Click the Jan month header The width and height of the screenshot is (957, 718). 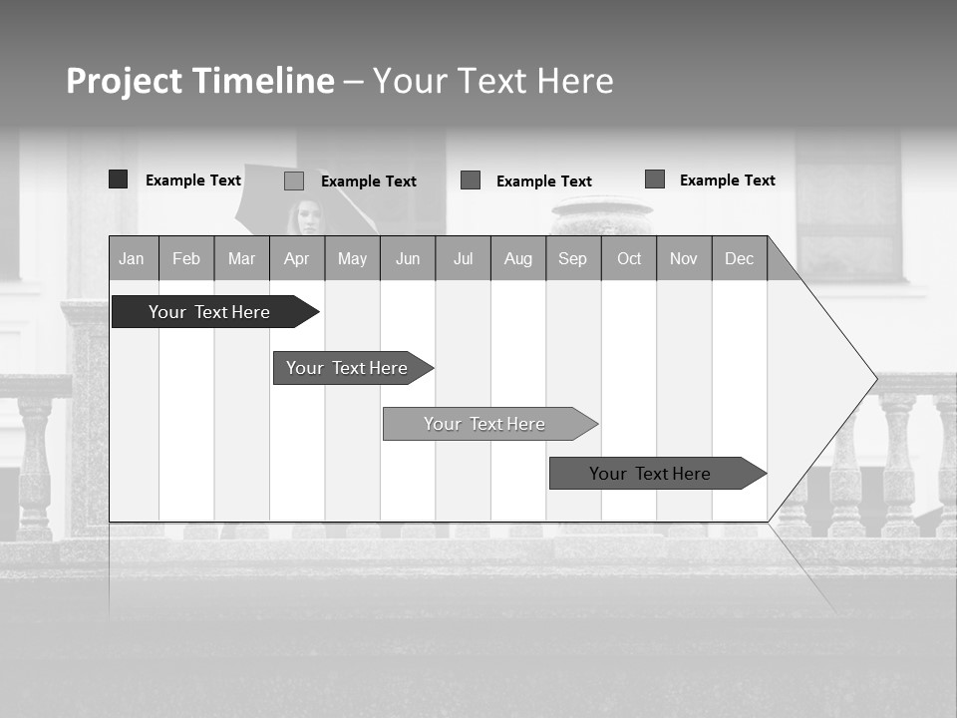point(133,258)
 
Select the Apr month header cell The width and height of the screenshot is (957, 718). point(297,258)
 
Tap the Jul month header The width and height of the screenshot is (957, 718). point(463,258)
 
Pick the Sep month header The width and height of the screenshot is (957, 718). point(573,258)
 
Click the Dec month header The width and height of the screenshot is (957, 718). point(739,258)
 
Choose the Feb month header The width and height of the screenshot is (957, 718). point(186,258)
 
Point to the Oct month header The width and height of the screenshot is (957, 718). point(629,258)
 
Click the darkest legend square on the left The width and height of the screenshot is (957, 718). point(119,179)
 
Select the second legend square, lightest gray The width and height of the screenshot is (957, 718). point(294,180)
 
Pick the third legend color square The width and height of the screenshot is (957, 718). point(471,180)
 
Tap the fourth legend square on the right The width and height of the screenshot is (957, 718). point(655,179)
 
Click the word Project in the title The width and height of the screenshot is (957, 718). point(125,81)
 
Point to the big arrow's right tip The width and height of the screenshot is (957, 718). point(874,378)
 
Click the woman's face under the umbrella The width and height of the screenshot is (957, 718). point(308,216)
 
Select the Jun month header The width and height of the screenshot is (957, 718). point(408,258)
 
